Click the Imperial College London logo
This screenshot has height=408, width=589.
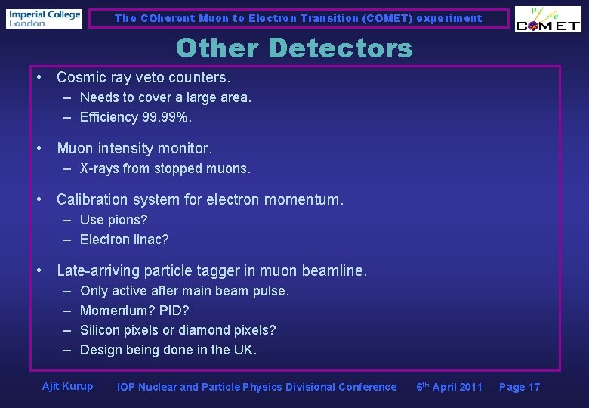pyautogui.click(x=44, y=18)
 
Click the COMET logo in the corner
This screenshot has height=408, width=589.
pyautogui.click(x=547, y=20)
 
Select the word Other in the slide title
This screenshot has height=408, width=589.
pyautogui.click(x=217, y=48)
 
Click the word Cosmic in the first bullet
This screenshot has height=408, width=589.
pyautogui.click(x=81, y=78)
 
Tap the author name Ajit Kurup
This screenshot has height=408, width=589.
pyautogui.click(x=68, y=387)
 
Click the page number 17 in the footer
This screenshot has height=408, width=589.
pyautogui.click(x=534, y=387)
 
